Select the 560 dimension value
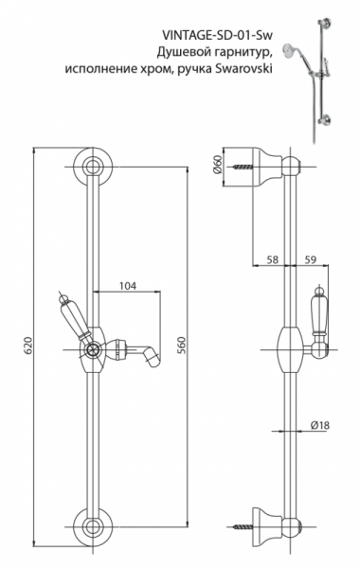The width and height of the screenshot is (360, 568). (182, 346)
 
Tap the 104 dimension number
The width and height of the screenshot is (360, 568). (128, 286)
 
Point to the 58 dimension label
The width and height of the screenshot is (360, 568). (272, 259)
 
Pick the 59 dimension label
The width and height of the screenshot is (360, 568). (311, 259)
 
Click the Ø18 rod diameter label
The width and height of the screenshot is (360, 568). (320, 425)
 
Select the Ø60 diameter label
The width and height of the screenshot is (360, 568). (218, 166)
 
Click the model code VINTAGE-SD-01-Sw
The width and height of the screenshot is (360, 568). (217, 36)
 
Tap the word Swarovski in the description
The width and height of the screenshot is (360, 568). (243, 68)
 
